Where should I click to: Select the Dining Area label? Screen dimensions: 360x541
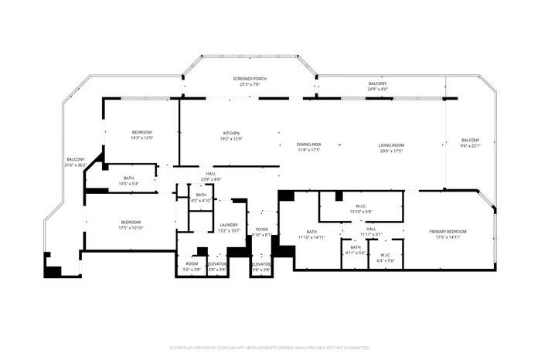coord(308,144)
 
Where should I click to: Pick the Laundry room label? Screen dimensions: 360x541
coord(228,225)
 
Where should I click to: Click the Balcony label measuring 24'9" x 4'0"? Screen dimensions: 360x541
coord(377,83)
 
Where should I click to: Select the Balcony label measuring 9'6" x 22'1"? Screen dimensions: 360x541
coord(471,141)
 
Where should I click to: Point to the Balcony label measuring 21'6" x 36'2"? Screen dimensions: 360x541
coord(75,159)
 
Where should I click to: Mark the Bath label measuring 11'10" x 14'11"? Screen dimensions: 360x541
coord(311,232)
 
